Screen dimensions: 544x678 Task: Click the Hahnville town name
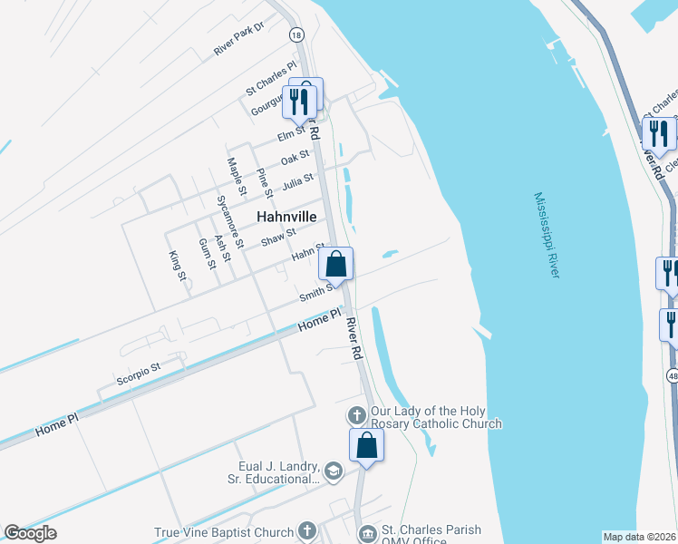pos(286,218)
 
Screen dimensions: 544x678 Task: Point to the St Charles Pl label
pos(271,78)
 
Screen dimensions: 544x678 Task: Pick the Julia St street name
pos(297,182)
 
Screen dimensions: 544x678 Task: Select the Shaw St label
pos(278,238)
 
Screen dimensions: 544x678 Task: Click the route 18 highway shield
pos(295,34)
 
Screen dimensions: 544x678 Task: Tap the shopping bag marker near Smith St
pos(336,266)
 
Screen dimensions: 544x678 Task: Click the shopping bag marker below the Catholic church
pos(366,446)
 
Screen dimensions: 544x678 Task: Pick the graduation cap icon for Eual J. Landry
pos(334,471)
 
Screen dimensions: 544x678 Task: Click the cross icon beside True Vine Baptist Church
pos(307,532)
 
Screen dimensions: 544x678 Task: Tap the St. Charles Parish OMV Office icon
pos(367,535)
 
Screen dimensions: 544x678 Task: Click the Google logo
pos(30,533)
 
